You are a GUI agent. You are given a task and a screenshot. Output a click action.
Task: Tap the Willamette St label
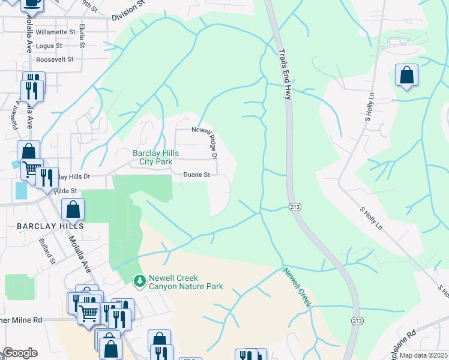tap(56, 31)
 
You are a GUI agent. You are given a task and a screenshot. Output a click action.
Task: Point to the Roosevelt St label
tap(55, 59)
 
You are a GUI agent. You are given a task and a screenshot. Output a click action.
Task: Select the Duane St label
tap(196, 175)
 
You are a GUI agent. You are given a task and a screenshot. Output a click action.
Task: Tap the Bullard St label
tap(47, 254)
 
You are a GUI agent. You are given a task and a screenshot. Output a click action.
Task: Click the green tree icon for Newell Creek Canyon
tap(139, 280)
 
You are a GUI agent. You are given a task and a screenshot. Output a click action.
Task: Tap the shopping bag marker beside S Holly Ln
tap(406, 76)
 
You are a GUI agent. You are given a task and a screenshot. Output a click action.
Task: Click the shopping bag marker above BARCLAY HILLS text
tap(73, 210)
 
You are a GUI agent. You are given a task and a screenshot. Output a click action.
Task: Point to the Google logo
tap(19, 353)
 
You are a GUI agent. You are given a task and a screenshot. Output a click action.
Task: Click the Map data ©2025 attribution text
tap(423, 355)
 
